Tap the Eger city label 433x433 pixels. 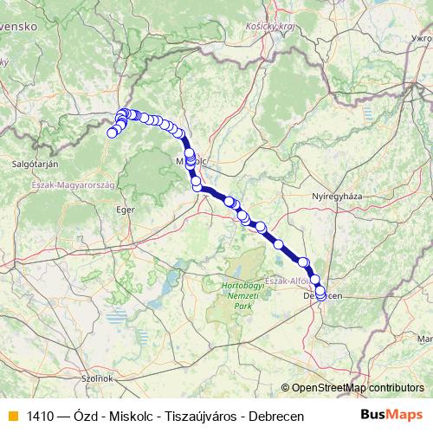tap(126, 209)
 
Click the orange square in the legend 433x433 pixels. tap(12, 416)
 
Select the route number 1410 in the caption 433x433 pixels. tap(40, 416)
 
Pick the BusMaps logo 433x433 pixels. tap(392, 415)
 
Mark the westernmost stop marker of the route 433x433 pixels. tap(112, 132)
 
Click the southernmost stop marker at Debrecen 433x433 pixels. tap(321, 296)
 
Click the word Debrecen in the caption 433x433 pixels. tap(276, 416)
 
